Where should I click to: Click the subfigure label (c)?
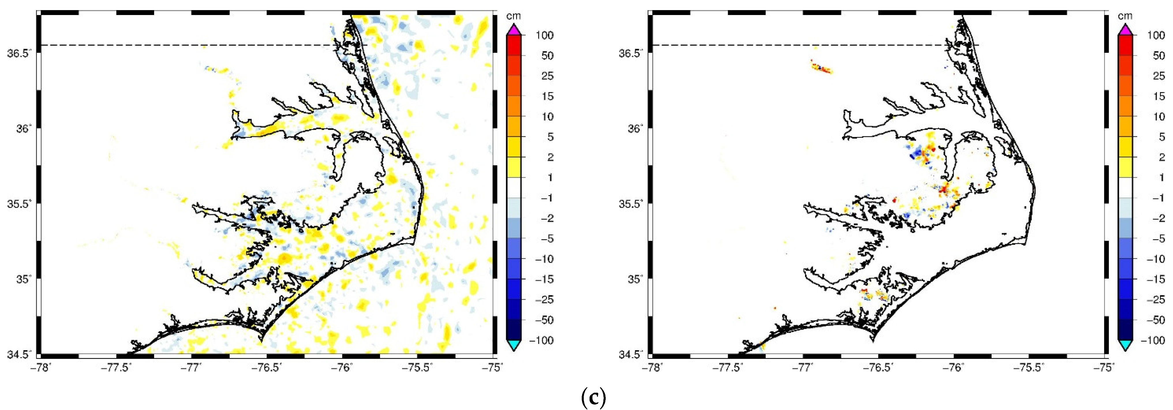[x=593, y=398]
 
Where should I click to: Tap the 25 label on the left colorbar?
[x=547, y=76]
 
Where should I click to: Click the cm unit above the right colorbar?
[x=1125, y=16]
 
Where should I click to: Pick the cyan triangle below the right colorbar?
[x=1125, y=346]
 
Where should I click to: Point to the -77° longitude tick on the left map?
[x=192, y=367]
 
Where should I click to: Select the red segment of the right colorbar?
[x=1125, y=45]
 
